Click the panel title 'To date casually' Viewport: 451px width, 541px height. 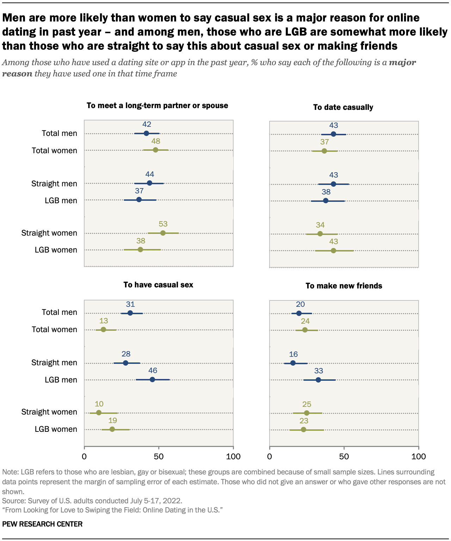(x=343, y=107)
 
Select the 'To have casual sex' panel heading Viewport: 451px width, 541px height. (x=158, y=285)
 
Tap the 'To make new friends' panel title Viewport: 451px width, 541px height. (x=344, y=286)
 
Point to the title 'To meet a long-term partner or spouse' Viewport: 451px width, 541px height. (x=157, y=106)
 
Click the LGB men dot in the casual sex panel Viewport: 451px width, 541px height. (x=152, y=379)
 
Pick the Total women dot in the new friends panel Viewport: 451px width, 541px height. (x=305, y=330)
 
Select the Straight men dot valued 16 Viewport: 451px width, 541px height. (x=293, y=363)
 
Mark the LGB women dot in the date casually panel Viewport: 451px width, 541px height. (x=333, y=251)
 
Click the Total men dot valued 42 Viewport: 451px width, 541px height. (x=146, y=133)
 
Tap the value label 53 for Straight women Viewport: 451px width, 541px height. (x=163, y=224)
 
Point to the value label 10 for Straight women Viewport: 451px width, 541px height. (x=99, y=404)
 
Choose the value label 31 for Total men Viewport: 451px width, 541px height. (x=130, y=304)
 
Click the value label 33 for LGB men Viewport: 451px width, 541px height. (x=319, y=371)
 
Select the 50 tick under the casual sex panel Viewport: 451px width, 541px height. (x=159, y=456)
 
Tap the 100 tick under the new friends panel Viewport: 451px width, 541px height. (x=418, y=456)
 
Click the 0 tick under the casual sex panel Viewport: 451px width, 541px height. (x=84, y=456)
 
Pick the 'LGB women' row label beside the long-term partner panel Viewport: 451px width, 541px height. (x=56, y=250)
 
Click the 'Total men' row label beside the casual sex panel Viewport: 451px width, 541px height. (x=59, y=312)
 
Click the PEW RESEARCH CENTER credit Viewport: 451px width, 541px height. (x=42, y=524)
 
